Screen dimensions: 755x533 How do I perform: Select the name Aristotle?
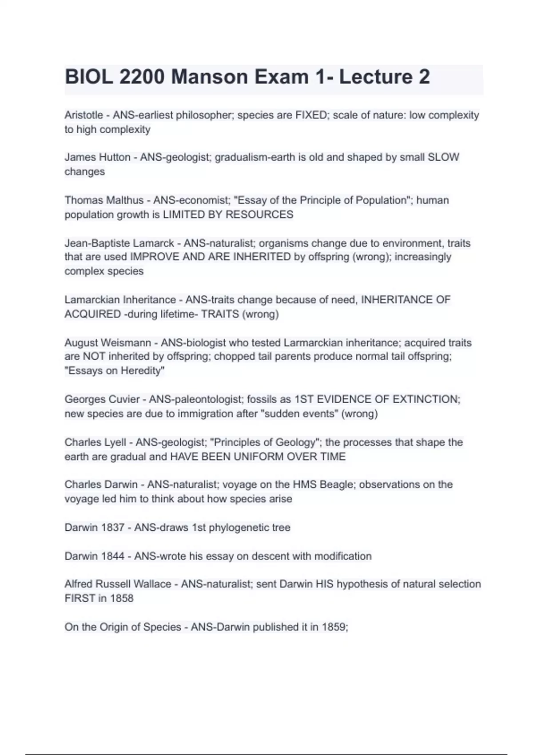(x=84, y=115)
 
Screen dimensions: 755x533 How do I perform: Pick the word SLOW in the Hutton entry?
(x=443, y=157)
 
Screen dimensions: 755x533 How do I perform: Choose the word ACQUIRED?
(x=92, y=314)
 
